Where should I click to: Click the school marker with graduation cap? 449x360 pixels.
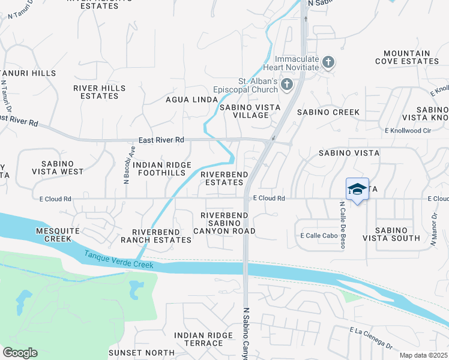(x=357, y=189)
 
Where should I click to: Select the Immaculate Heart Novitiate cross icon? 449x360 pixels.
(x=328, y=62)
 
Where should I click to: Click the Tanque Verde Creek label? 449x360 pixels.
(x=119, y=260)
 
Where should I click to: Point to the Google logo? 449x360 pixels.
(x=20, y=352)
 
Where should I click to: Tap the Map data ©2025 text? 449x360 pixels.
(x=424, y=355)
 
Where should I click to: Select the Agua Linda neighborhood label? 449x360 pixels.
(x=190, y=100)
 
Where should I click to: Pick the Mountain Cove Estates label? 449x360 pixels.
(x=407, y=57)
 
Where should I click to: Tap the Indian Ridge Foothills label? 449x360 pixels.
(x=162, y=169)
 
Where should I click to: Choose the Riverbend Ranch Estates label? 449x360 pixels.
(x=162, y=236)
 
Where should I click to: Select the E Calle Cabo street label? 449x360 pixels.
(x=318, y=236)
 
